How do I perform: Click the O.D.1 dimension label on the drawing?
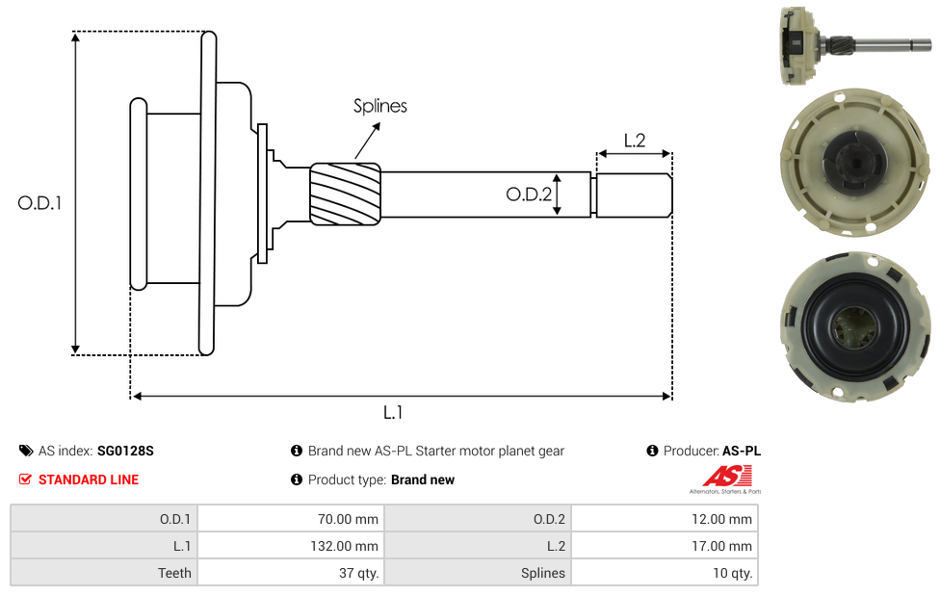[x=39, y=203]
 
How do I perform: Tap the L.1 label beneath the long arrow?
[x=393, y=412]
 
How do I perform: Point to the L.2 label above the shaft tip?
[x=634, y=141]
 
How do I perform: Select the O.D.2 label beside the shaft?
[x=529, y=194]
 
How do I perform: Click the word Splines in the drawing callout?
[x=380, y=106]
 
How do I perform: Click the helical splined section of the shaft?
[x=345, y=194]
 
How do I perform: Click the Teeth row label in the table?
[x=174, y=573]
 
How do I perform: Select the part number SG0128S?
[x=125, y=451]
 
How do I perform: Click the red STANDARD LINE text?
[x=89, y=479]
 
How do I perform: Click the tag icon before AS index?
[x=26, y=451]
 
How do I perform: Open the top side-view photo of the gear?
[x=853, y=46]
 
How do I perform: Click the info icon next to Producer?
[x=653, y=451]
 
